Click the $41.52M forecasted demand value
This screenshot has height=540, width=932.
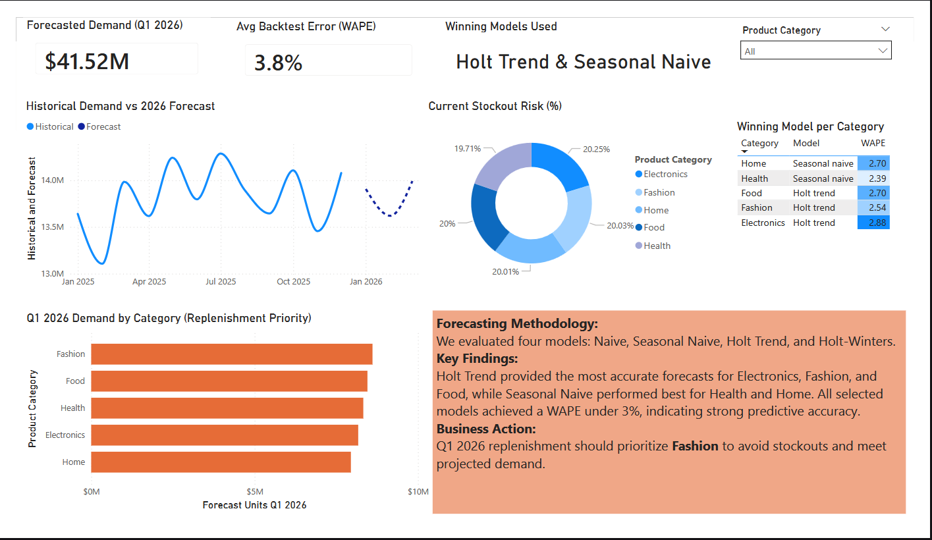(87, 61)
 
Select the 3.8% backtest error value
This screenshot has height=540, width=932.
(278, 63)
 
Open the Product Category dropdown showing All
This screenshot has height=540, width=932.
(815, 50)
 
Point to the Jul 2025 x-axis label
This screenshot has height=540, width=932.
(221, 282)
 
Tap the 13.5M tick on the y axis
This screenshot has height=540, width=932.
(53, 227)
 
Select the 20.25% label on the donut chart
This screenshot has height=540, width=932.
(596, 149)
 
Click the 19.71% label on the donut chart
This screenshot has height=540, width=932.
(467, 149)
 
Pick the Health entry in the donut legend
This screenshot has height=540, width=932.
(653, 246)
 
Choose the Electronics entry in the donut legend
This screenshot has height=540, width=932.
(661, 175)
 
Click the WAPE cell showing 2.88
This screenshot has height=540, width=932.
(873, 223)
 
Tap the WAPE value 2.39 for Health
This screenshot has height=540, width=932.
(873, 178)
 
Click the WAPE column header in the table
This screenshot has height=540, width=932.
(873, 143)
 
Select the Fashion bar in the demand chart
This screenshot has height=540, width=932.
(232, 354)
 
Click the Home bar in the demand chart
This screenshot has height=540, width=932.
(221, 462)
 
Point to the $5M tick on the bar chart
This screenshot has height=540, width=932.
(255, 492)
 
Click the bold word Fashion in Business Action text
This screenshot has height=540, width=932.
(696, 446)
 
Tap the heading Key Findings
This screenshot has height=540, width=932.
(478, 358)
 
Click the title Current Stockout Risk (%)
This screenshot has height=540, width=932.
(495, 106)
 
